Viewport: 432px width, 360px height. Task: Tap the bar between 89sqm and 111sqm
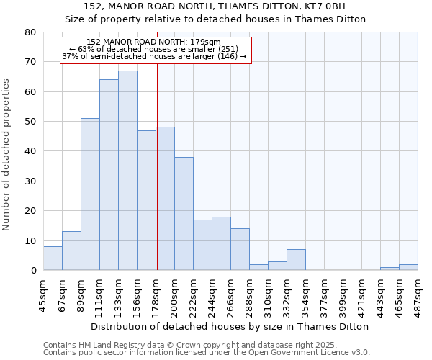(x=90, y=194)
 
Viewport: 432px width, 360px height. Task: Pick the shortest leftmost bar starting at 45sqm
(x=53, y=258)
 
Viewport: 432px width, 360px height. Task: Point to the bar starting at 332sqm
(x=296, y=260)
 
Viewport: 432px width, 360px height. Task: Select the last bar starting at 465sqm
(x=408, y=267)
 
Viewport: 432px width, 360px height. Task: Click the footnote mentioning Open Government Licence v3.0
(x=207, y=352)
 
